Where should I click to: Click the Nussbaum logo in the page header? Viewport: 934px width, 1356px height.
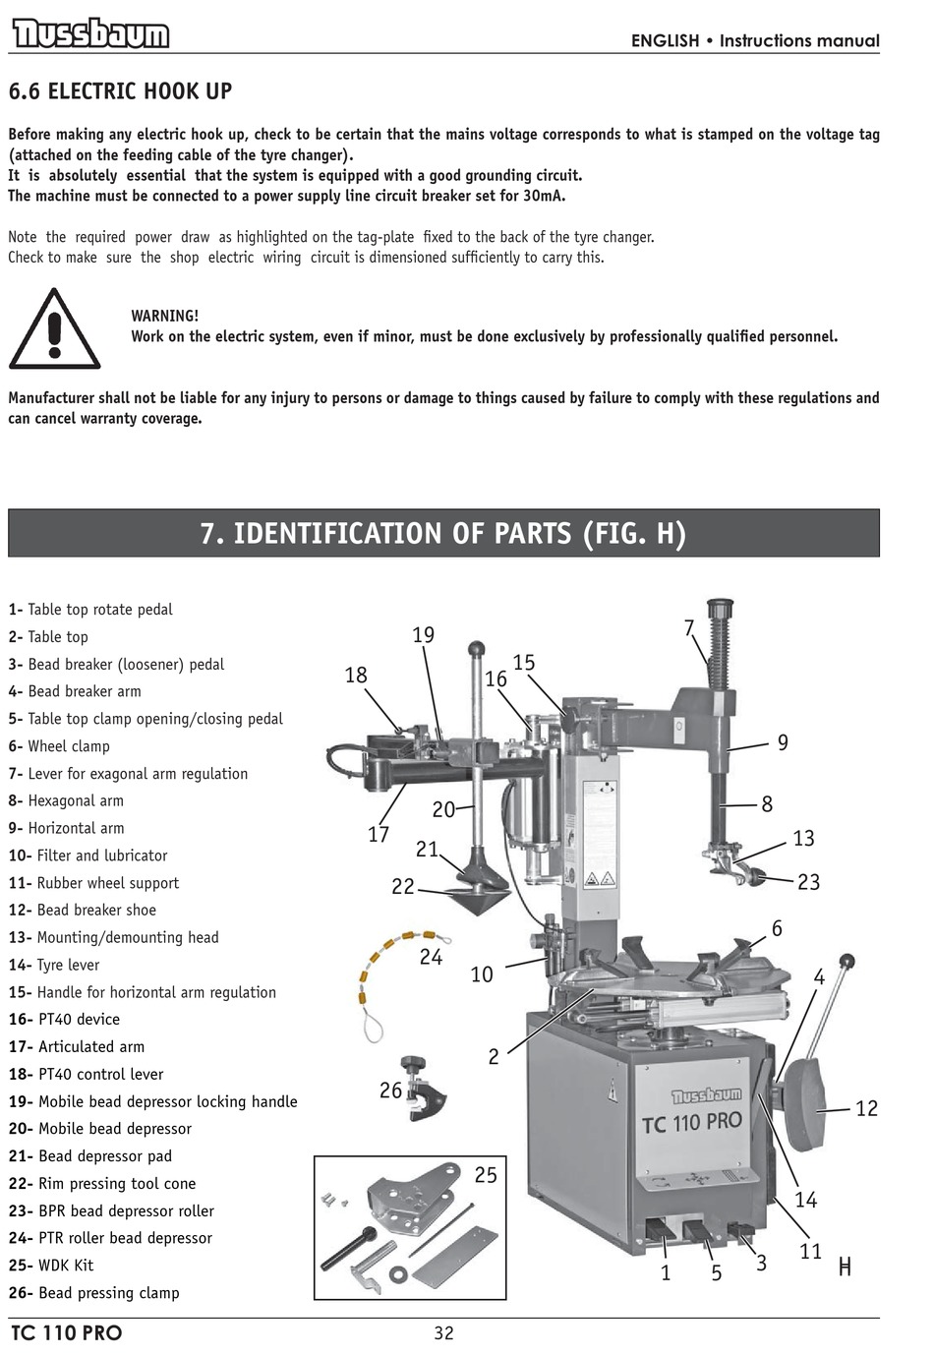(90, 35)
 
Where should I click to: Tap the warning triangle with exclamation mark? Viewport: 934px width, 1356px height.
(54, 329)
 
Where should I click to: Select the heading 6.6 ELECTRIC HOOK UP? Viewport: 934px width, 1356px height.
(120, 91)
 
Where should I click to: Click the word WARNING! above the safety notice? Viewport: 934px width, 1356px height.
(164, 316)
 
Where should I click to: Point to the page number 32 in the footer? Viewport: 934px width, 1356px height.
(443, 1332)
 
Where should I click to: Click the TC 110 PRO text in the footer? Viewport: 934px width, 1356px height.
(67, 1333)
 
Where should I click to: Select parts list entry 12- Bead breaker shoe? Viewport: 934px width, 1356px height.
(83, 910)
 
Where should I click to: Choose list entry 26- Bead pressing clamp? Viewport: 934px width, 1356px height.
(94, 1292)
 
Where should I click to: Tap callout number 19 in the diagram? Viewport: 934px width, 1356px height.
(423, 635)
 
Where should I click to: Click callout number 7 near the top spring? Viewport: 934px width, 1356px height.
(689, 627)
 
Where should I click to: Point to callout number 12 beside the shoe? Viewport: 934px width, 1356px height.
(865, 1108)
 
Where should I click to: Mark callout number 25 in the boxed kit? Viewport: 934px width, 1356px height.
(486, 1175)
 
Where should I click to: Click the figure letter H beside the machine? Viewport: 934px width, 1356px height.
(844, 1268)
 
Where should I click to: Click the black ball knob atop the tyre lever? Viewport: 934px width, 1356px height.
(846, 961)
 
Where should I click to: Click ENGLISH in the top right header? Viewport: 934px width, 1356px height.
(665, 40)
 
